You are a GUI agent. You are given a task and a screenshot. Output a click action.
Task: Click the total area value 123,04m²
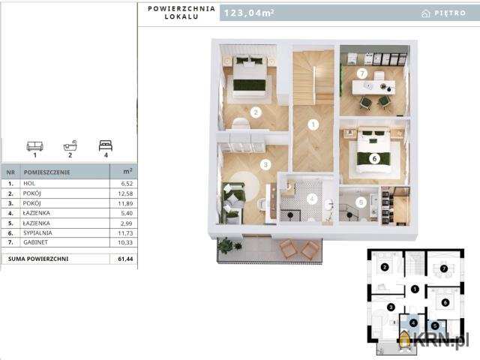pyautogui.click(x=249, y=13)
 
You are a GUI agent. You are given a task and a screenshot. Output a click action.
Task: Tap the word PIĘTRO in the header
pyautogui.click(x=450, y=13)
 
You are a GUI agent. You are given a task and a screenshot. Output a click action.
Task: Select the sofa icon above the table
pyautogui.click(x=35, y=146)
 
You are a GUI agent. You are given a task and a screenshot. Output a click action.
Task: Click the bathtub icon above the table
pyautogui.click(x=70, y=145)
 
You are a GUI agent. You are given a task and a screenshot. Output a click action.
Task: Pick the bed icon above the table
pyautogui.click(x=106, y=145)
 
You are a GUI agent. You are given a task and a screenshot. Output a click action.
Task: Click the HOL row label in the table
pyautogui.click(x=29, y=183)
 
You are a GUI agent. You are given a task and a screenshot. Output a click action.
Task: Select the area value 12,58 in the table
pyautogui.click(x=125, y=193)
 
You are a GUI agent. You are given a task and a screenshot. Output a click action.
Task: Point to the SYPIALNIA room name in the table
pyautogui.click(x=37, y=233)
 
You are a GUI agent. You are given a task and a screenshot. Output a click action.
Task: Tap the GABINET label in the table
pyautogui.click(x=35, y=242)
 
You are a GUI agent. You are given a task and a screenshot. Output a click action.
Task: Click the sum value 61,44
pyautogui.click(x=125, y=259)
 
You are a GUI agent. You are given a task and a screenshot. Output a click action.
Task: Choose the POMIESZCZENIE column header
pyautogui.click(x=46, y=172)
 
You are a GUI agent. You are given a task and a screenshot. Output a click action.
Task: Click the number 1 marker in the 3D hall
pyautogui.click(x=313, y=124)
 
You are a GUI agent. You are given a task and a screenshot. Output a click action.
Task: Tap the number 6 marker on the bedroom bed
pyautogui.click(x=374, y=158)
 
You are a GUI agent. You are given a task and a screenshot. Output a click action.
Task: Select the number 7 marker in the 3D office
pyautogui.click(x=362, y=73)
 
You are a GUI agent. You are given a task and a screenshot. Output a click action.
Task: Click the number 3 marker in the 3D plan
pyautogui.click(x=265, y=165)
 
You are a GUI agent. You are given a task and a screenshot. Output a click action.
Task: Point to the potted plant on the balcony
pyautogui.click(x=226, y=245)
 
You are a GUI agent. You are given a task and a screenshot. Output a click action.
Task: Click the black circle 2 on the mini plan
pyautogui.click(x=385, y=267)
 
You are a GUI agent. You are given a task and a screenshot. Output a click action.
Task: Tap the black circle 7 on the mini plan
pyautogui.click(x=444, y=268)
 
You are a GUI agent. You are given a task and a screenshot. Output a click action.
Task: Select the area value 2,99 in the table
pyautogui.click(x=127, y=223)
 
